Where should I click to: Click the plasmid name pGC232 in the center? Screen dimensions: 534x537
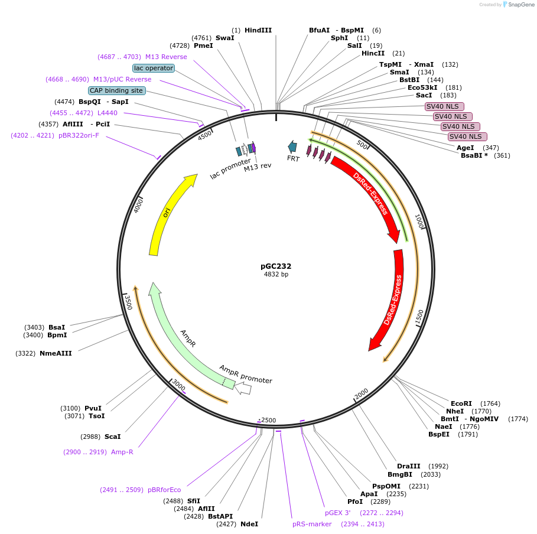(276, 266)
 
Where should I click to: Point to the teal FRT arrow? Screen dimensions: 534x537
(292, 147)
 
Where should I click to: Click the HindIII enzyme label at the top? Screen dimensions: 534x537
(258, 30)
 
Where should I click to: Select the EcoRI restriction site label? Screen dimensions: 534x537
(462, 403)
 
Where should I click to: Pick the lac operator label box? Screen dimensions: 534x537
(154, 68)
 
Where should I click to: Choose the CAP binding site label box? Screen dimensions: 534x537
(116, 90)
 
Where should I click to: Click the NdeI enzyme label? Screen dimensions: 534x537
(249, 524)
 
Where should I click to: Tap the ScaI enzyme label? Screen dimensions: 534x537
(112, 437)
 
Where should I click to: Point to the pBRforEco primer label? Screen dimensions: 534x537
(164, 490)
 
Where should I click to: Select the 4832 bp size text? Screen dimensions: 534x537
(276, 275)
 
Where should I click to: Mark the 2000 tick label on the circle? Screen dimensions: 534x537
(361, 393)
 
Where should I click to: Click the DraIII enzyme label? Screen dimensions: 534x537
(409, 466)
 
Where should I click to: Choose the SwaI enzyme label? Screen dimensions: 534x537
(224, 38)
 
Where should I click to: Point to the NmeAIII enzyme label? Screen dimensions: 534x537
(56, 353)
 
